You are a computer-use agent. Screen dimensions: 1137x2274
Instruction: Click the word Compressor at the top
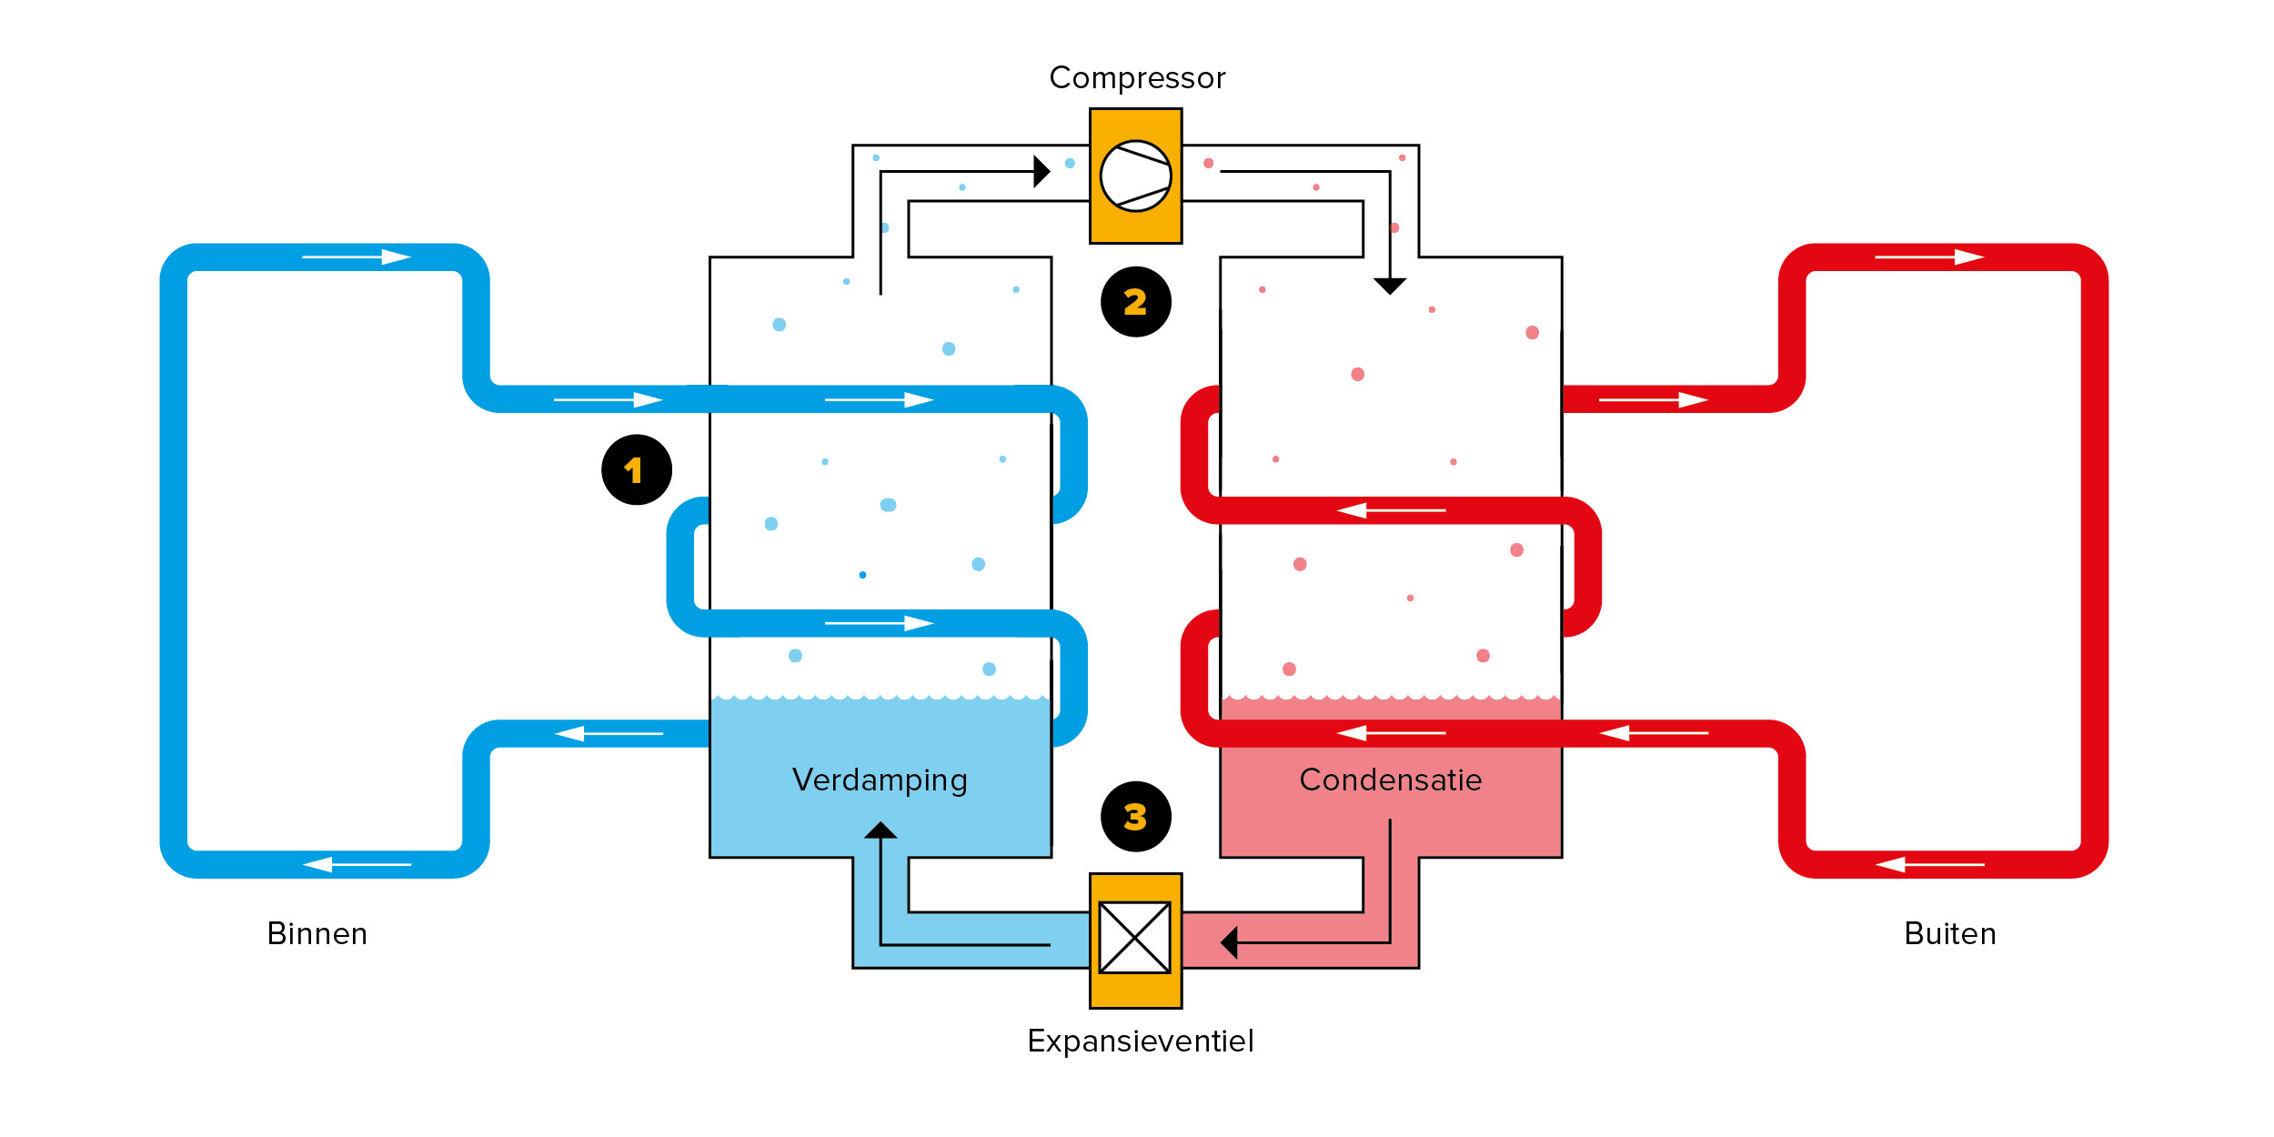[1137, 78]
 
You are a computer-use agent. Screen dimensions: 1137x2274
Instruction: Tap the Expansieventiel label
[1140, 1041]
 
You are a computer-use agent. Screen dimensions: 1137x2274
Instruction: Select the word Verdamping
[880, 780]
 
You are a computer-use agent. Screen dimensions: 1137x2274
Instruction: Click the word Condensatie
[1390, 780]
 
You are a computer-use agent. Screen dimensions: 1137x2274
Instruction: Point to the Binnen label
[317, 934]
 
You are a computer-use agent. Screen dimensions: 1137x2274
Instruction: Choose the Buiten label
[1949, 934]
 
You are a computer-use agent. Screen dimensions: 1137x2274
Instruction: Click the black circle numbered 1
[637, 469]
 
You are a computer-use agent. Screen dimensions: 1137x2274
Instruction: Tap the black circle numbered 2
[1135, 302]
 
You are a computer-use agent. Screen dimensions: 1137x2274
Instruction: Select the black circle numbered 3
[1135, 816]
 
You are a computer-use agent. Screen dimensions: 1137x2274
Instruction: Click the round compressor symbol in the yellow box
[1135, 176]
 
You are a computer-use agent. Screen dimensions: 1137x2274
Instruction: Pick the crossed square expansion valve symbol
[1134, 937]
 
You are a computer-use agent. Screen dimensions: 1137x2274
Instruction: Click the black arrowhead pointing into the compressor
[1041, 171]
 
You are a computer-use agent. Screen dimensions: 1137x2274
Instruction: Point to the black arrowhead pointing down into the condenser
[1389, 286]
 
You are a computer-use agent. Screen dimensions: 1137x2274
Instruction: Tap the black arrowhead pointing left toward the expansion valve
[1229, 942]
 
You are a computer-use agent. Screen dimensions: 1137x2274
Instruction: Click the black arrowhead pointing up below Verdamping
[880, 830]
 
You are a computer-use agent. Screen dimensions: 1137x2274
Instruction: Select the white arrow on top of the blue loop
[357, 257]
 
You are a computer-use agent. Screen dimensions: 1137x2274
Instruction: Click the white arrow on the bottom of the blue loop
[357, 864]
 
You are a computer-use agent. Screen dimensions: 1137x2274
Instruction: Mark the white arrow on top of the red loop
[1928, 257]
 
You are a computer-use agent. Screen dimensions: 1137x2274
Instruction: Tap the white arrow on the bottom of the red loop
[1928, 864]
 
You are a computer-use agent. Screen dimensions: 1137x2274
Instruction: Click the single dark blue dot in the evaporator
[862, 575]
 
